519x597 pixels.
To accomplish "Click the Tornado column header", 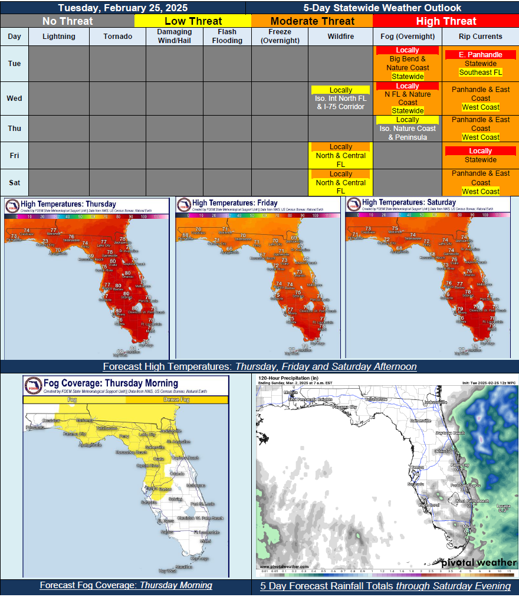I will click(118, 36).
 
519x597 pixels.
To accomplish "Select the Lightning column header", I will click(59, 36).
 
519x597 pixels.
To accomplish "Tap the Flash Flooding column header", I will click(227, 36).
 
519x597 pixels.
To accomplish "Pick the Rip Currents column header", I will click(481, 36).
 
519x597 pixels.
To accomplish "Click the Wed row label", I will click(14, 98).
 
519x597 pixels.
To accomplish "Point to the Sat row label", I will click(14, 182).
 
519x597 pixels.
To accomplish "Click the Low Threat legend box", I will click(193, 21).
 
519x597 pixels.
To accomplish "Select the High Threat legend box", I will click(445, 21).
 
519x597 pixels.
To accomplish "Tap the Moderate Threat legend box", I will click(311, 21).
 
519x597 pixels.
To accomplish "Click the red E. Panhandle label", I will click(481, 55).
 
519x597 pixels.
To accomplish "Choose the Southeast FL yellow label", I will click(481, 73).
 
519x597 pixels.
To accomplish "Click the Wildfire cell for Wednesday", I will click(341, 99).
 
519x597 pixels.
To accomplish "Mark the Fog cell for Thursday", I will click(408, 129).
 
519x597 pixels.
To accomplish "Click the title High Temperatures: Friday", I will click(235, 203).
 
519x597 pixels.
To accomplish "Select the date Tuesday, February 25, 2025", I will click(123, 8).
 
